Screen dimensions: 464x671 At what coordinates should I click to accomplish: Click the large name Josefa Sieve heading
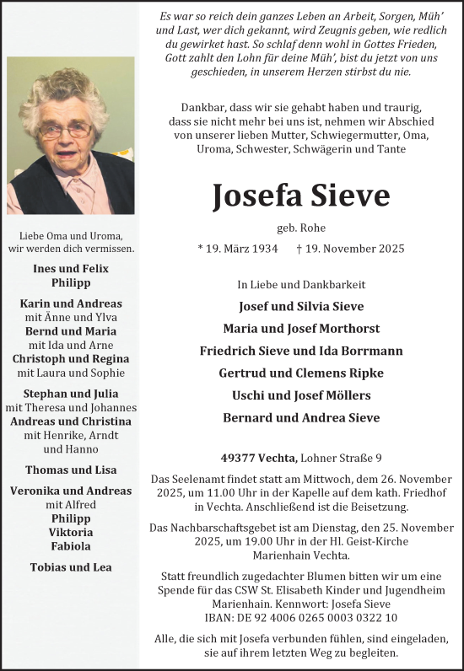click(300, 196)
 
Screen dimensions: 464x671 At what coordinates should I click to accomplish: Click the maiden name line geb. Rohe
click(300, 228)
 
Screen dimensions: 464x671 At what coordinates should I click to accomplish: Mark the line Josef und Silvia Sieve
click(301, 306)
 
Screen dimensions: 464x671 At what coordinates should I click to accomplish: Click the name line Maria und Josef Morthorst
click(301, 328)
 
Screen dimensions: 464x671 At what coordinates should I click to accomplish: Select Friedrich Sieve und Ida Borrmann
click(301, 350)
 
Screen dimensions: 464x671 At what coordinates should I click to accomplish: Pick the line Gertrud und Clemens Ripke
click(301, 373)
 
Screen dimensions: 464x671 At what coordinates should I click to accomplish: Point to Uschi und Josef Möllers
click(301, 395)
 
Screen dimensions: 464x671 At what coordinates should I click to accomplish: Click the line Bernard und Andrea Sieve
click(301, 417)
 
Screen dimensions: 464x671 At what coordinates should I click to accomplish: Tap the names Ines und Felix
click(71, 269)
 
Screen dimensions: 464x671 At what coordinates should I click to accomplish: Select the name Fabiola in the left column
click(71, 545)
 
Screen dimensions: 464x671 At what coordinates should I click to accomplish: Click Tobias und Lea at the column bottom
click(71, 566)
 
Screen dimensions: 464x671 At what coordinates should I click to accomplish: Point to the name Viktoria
click(71, 532)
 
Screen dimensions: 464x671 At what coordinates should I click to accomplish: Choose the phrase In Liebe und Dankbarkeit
click(301, 284)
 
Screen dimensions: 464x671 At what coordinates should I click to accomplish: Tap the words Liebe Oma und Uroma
click(71, 235)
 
